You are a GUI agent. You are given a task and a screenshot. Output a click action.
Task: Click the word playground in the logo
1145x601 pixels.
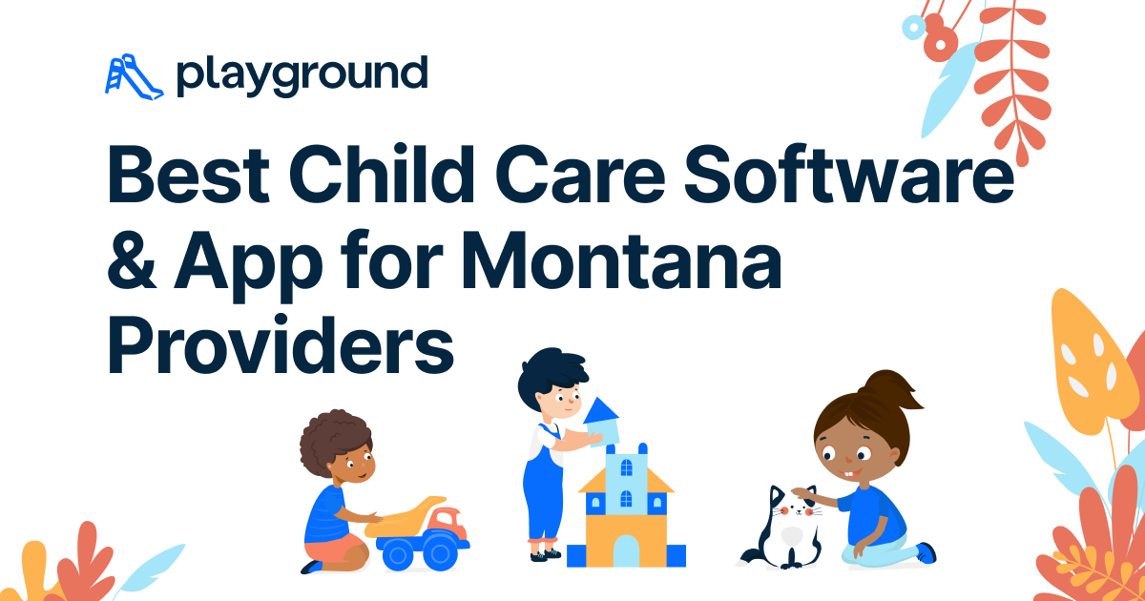(x=301, y=75)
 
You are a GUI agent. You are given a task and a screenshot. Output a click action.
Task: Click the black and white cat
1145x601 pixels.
(x=783, y=529)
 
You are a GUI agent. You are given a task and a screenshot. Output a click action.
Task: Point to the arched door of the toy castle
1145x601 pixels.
(x=626, y=550)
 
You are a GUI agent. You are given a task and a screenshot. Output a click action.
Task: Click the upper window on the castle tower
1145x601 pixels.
(x=626, y=466)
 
